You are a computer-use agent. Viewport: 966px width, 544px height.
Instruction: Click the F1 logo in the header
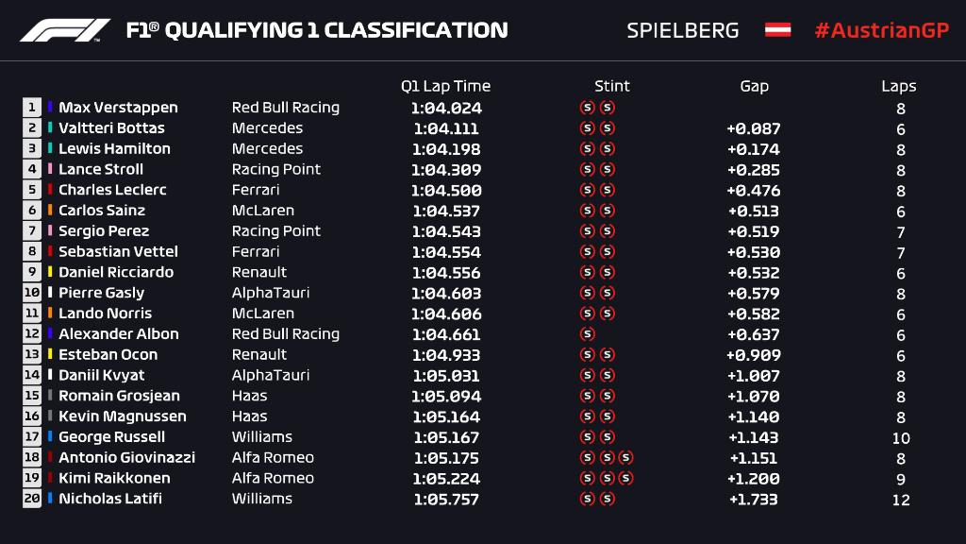65,30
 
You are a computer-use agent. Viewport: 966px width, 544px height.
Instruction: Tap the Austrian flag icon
777,30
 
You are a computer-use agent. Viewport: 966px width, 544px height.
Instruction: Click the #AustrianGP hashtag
881,30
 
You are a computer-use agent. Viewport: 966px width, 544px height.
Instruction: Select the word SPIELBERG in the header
682,30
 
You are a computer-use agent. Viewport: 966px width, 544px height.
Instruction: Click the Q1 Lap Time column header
445,86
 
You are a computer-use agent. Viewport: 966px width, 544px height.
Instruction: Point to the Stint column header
611,86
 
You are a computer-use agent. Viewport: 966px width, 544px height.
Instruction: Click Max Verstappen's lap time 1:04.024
446,108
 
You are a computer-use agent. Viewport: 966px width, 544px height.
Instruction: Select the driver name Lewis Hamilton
114,149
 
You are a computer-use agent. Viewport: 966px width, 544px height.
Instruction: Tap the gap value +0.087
753,128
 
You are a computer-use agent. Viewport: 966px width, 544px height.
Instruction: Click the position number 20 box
32,499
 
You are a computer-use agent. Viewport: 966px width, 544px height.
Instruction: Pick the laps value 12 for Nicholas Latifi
901,500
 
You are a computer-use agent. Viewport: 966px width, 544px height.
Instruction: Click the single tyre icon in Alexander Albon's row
588,334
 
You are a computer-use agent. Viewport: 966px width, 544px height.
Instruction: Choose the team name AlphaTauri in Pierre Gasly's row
270,293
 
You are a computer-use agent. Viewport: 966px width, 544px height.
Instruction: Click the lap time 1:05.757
446,499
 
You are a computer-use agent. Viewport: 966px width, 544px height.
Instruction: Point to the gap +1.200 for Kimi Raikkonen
753,478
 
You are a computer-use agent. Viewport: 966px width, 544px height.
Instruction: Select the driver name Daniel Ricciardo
116,272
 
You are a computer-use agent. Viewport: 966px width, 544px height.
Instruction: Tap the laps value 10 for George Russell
901,437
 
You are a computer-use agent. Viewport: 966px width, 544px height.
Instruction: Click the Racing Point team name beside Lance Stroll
276,169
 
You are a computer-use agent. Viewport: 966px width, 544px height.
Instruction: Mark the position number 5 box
32,190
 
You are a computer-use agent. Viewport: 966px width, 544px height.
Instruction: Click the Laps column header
899,86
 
